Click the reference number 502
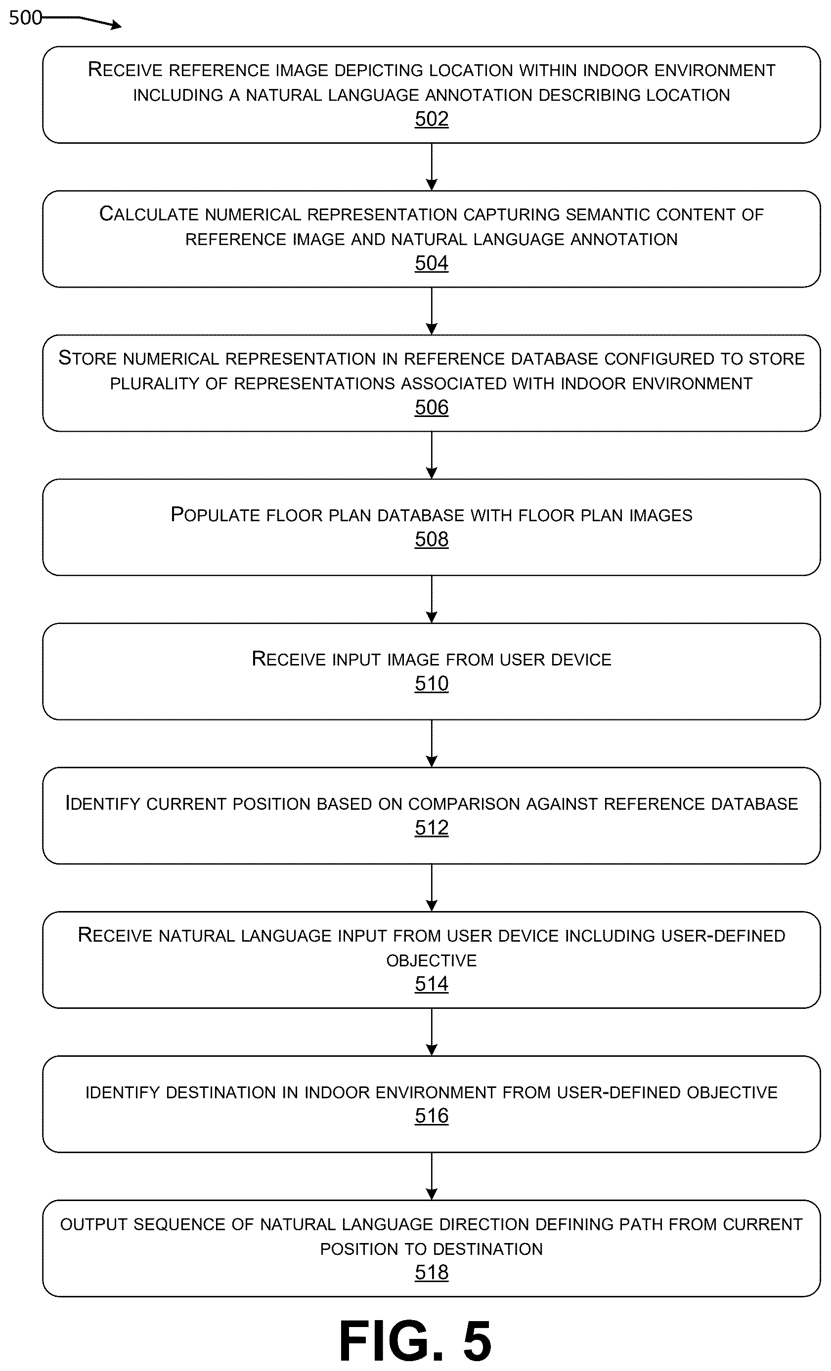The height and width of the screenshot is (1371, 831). [x=432, y=119]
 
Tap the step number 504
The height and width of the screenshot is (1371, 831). [x=432, y=263]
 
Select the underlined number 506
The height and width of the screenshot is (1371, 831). [x=432, y=407]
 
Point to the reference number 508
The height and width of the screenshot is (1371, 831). [x=432, y=539]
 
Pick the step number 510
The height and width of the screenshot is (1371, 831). [x=432, y=683]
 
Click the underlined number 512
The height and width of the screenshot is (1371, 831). [x=432, y=828]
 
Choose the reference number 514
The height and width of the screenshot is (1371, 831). [x=432, y=984]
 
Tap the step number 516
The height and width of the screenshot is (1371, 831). [x=432, y=1116]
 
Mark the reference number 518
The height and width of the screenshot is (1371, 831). [x=432, y=1272]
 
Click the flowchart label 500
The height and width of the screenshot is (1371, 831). [x=25, y=18]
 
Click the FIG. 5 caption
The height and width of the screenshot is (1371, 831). [x=415, y=1341]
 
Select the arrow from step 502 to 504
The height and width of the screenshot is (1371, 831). [x=432, y=167]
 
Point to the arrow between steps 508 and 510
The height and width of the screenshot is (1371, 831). [x=432, y=599]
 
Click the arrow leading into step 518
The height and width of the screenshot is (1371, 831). [x=432, y=1176]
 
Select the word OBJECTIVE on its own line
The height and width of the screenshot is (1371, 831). [x=432, y=960]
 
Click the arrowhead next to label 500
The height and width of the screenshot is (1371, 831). [x=116, y=25]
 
